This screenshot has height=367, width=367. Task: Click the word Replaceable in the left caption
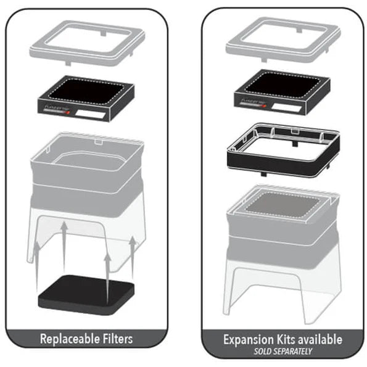coord(69,339)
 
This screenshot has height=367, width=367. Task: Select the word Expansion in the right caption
coord(247,339)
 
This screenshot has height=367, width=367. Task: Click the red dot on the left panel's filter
coord(75,113)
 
